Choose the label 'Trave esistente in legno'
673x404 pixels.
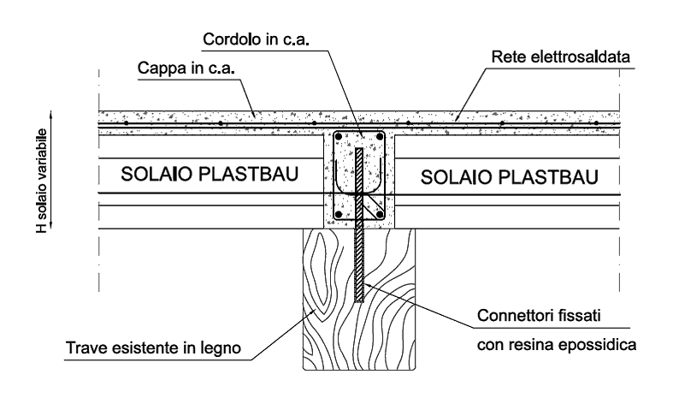coord(152,348)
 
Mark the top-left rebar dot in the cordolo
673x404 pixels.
coord(339,137)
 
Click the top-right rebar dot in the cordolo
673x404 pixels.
coord(381,137)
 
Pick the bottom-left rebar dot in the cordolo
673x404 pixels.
coord(339,214)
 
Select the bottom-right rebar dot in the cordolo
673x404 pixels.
coord(381,214)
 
